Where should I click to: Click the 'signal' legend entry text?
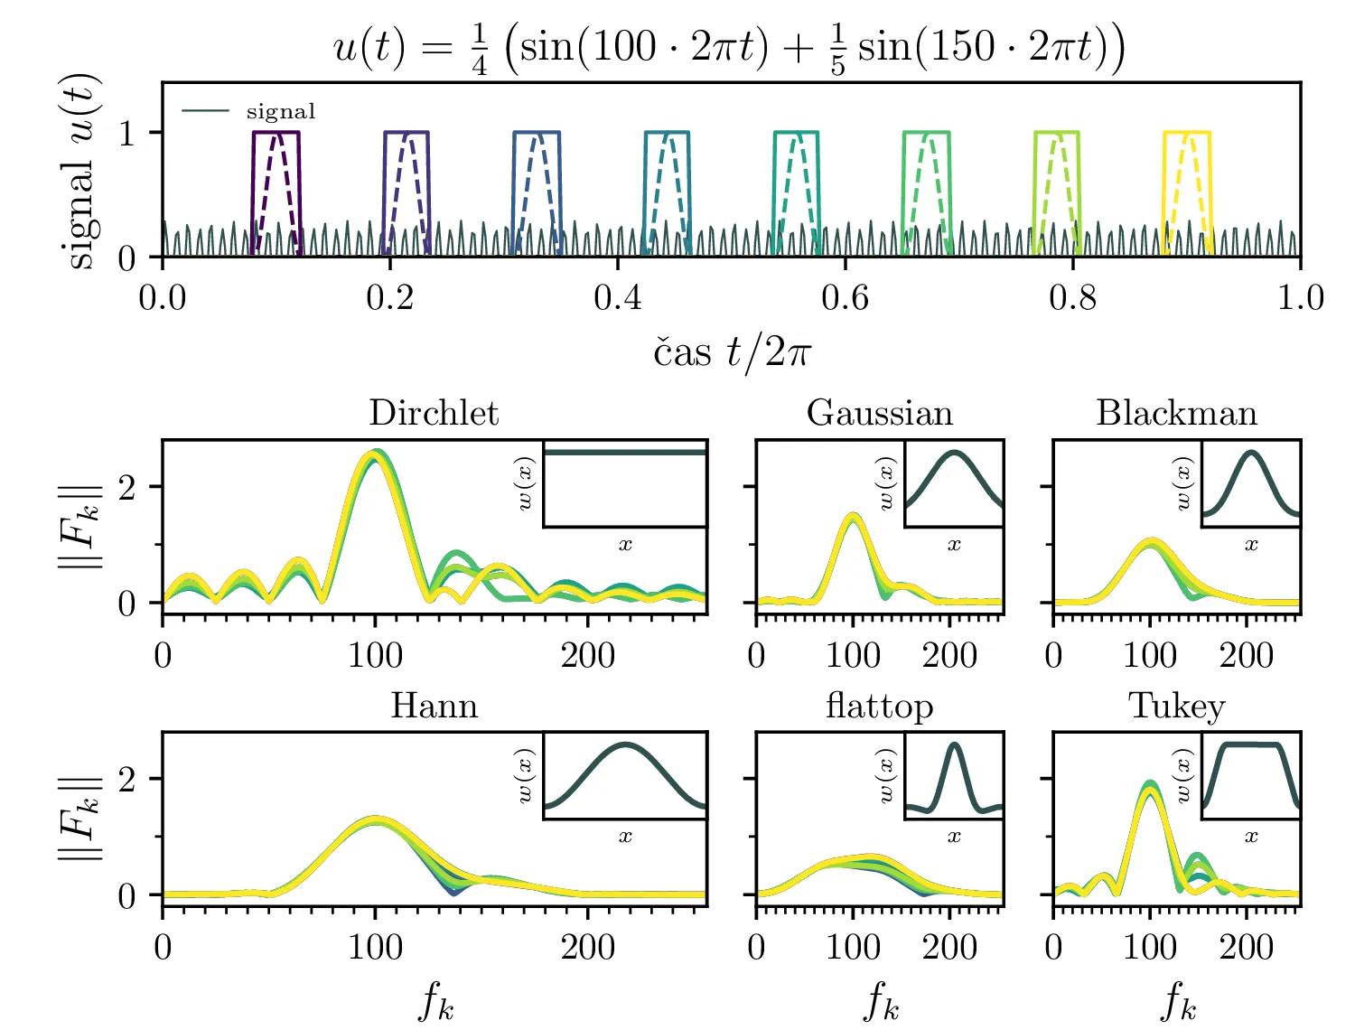coord(281,111)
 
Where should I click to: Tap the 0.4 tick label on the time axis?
coord(617,297)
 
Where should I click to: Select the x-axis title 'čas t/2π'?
coord(732,352)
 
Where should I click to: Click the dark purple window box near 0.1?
coord(276,134)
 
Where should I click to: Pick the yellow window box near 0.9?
coord(1186,134)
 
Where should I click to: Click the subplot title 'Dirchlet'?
coord(434,413)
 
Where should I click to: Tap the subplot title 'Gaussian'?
coord(879,413)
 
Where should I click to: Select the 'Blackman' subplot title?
coord(1176,413)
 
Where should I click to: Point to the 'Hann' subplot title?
coord(434,705)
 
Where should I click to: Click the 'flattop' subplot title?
coord(879,705)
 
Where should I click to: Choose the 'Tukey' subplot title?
coord(1176,705)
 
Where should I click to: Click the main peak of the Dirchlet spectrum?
coord(374,456)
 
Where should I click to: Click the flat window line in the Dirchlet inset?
coord(624,452)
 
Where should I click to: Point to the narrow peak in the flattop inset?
coord(955,746)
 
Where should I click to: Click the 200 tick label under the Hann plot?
coord(587,947)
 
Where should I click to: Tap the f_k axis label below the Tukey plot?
coord(1177,1001)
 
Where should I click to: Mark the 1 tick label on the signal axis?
coord(127,134)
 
